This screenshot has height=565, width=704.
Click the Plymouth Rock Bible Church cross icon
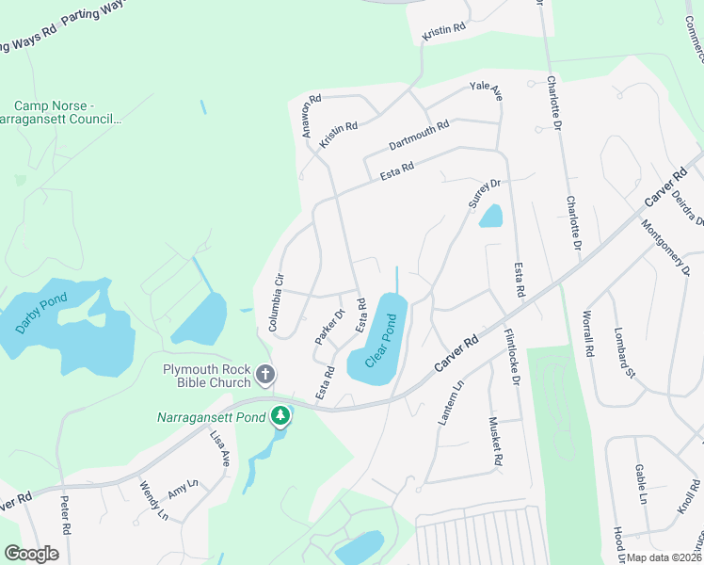point(265,375)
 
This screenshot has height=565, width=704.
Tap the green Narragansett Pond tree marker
point(280,415)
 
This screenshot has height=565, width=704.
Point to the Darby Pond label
point(41,314)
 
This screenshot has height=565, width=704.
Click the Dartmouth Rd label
point(419,137)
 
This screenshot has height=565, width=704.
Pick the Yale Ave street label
point(486,92)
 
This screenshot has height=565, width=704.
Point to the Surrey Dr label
point(483,193)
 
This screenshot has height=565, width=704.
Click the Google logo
point(31,554)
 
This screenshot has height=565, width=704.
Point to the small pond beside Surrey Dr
point(490,217)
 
